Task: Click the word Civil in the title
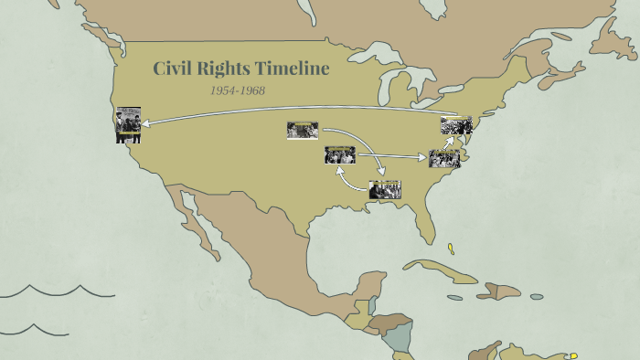tap(173, 69)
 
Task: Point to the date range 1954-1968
tap(238, 90)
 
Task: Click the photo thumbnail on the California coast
tap(128, 125)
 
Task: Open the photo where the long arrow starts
tap(456, 126)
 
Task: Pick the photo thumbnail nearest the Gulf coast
tap(385, 190)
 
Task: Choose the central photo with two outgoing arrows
tap(340, 155)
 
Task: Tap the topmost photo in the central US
tap(303, 131)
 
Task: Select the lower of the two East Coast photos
tap(444, 158)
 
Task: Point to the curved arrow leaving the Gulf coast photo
tap(347, 179)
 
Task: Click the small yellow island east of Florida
tap(451, 248)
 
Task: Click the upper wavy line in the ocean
tap(55, 292)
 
